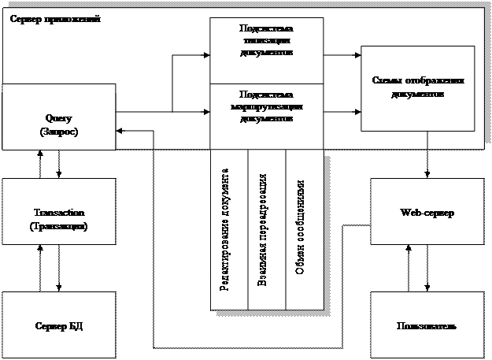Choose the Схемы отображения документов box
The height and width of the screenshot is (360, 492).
pyautogui.click(x=417, y=87)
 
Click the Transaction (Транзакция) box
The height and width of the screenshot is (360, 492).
pyautogui.click(x=59, y=220)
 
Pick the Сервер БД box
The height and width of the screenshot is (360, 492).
pyautogui.click(x=59, y=325)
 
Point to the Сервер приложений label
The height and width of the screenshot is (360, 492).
pyautogui.click(x=54, y=17)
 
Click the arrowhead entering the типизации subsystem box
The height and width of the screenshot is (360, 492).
pyautogui.click(x=205, y=55)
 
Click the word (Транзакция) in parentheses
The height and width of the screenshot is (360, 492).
pyautogui.click(x=60, y=226)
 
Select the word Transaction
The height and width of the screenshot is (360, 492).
pyautogui.click(x=59, y=213)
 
